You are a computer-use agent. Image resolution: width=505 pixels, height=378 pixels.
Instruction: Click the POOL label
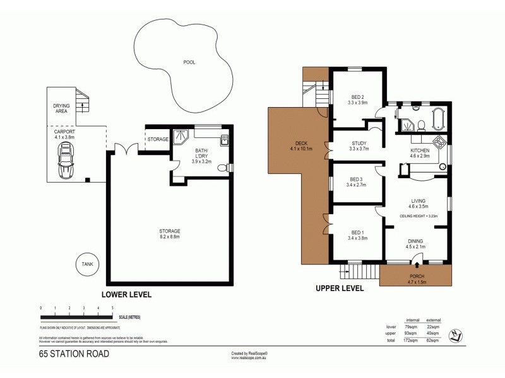189,62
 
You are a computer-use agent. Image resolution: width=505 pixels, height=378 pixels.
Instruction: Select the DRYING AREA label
61,109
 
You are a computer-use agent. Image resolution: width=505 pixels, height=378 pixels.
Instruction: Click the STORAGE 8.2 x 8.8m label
170,234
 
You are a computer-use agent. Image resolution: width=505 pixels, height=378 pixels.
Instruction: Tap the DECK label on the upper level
297,146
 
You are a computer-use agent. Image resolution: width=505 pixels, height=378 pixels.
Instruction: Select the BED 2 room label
357,99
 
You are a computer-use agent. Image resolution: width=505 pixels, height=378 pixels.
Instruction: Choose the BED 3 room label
357,182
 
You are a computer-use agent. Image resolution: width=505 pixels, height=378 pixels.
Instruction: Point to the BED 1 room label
357,235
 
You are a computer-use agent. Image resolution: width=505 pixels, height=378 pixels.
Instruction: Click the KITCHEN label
420,153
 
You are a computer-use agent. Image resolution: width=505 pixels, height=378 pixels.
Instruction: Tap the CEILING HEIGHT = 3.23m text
419,215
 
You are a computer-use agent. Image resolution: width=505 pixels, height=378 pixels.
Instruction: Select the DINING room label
415,243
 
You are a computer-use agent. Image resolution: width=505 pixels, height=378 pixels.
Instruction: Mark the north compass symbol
456,335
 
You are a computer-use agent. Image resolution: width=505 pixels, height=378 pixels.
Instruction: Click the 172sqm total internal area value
410,340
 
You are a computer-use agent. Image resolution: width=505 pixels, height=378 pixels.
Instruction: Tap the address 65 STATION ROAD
74,353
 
